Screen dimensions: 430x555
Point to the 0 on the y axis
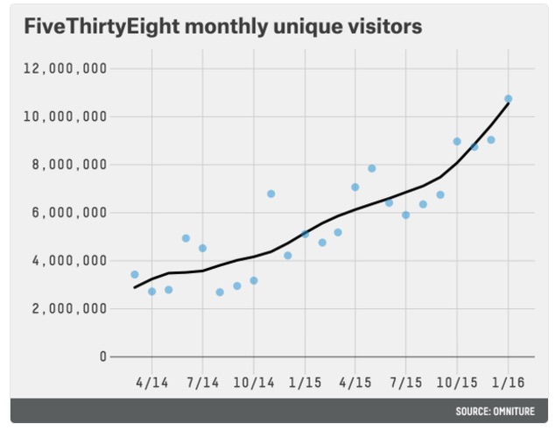click(x=102, y=356)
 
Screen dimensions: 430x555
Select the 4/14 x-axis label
click(x=151, y=383)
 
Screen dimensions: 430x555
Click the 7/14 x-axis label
click(x=202, y=383)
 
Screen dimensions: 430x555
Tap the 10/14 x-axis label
click(x=254, y=383)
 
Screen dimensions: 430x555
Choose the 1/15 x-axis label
click(x=305, y=383)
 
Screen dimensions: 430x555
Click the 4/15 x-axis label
click(x=355, y=383)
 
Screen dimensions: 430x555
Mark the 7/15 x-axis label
click(x=406, y=383)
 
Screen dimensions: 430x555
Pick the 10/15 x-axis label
click(x=457, y=383)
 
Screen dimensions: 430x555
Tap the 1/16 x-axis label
click(x=508, y=383)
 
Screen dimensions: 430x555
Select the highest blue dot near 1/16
click(x=508, y=99)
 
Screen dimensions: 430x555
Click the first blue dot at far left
click(x=135, y=274)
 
